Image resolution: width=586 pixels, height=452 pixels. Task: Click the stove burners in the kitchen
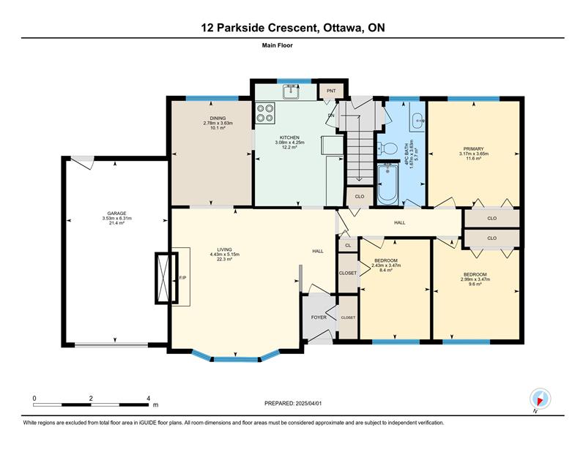265,113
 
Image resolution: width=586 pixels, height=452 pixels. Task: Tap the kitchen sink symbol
290,91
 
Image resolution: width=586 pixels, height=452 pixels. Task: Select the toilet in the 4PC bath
387,149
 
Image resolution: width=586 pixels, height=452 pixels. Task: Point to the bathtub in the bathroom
388,184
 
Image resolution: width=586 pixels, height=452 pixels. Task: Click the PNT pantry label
331,91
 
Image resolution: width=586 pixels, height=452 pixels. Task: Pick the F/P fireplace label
182,278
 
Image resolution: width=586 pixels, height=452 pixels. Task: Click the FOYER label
319,317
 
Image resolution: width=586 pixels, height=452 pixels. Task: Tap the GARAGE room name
116,214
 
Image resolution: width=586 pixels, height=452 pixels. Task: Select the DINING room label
218,118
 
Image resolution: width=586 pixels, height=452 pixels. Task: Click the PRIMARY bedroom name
473,149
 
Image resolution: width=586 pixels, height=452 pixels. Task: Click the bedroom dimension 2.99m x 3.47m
475,279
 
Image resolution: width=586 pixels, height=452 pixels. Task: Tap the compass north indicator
540,400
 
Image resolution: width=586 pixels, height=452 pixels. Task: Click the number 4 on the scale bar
149,399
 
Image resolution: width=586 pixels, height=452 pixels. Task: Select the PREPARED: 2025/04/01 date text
293,404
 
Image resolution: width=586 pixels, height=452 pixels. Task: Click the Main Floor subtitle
278,45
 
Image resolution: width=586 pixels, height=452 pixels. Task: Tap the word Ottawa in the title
343,28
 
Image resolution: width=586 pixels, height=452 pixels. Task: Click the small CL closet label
348,245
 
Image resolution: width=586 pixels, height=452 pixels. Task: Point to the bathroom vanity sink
417,121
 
